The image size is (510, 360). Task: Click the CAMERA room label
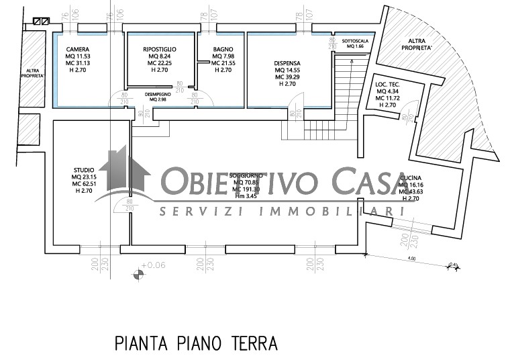pos(79,50)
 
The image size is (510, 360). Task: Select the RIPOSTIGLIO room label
pos(160,50)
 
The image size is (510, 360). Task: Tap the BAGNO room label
pos(223,50)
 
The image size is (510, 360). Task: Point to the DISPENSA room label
pos(287,64)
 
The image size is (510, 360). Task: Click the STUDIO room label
pos(84,170)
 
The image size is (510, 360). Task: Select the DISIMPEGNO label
pos(157,95)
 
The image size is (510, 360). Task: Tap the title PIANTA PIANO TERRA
pos(196,344)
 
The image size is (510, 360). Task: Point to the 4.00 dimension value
pos(411,258)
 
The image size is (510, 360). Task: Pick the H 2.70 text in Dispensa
pos(287,84)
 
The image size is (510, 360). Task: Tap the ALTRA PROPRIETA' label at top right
pos(417,45)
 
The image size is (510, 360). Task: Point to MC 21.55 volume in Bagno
pos(222,63)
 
